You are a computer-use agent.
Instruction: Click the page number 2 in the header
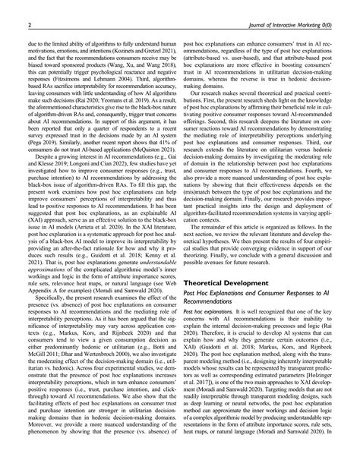[x=29, y=25]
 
